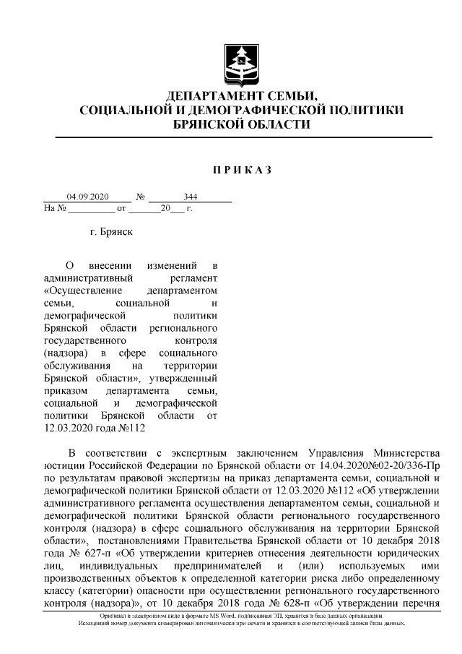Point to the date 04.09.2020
[87, 197]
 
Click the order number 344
[191, 197]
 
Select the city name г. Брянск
[111, 233]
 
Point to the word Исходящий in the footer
[92, 623]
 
